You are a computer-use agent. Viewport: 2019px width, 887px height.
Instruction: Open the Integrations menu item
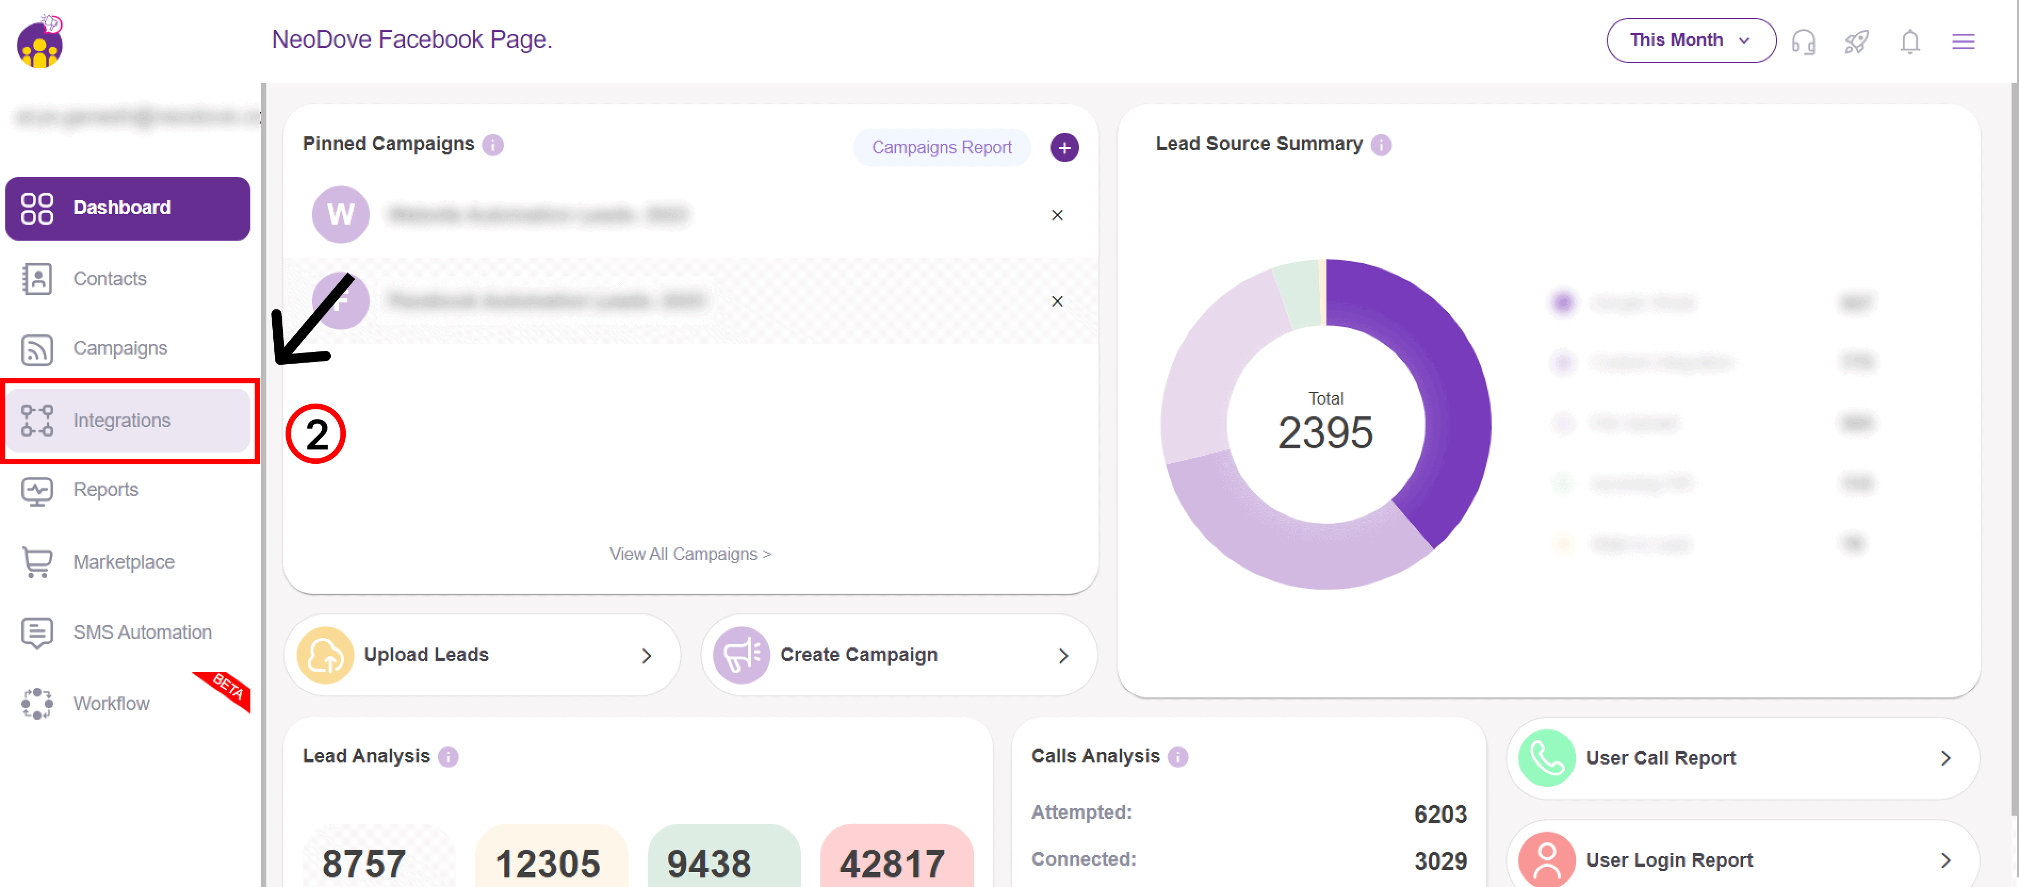(x=121, y=421)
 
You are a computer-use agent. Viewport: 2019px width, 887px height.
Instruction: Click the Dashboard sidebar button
(x=128, y=208)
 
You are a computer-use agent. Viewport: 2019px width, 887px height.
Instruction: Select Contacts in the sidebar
(x=110, y=279)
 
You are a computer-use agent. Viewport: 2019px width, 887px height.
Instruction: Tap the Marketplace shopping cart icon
(x=37, y=562)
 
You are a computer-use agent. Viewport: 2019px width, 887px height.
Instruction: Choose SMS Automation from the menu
(x=142, y=633)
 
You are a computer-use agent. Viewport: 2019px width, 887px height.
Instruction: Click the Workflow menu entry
(x=111, y=704)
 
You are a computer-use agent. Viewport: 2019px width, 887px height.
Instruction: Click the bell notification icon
(x=1909, y=42)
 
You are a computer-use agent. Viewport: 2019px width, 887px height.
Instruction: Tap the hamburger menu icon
(x=1963, y=42)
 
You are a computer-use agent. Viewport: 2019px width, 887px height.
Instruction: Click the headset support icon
(x=1803, y=42)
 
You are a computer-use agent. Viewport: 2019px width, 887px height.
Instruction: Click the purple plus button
(x=1064, y=147)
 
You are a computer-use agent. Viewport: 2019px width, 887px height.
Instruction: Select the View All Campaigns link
(x=690, y=554)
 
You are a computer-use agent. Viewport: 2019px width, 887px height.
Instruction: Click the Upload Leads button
(x=481, y=655)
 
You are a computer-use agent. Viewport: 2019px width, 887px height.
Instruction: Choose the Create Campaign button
(x=898, y=655)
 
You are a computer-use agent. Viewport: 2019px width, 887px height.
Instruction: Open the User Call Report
(x=1741, y=758)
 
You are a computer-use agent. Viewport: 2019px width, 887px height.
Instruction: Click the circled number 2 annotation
(x=316, y=434)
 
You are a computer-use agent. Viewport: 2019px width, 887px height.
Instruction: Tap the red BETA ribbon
(x=226, y=687)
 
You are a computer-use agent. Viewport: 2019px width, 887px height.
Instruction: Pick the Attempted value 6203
(x=1440, y=814)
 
